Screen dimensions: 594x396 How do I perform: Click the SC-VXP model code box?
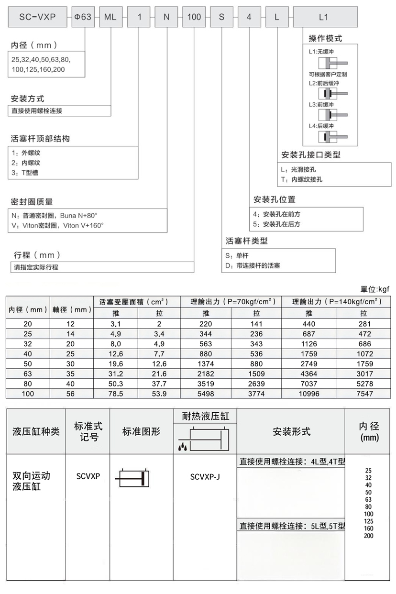[x=37, y=17]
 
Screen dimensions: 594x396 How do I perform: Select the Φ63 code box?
[x=82, y=17]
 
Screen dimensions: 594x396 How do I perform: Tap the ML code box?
[x=110, y=17]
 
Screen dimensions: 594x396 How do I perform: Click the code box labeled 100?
[x=194, y=17]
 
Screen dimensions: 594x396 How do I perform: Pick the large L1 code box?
[x=325, y=17]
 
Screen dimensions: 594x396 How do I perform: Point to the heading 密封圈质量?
[x=32, y=201]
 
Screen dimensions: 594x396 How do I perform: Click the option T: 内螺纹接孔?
[x=302, y=180]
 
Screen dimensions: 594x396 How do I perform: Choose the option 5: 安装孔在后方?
[x=277, y=224]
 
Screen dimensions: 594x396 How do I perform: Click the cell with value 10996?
[x=309, y=393]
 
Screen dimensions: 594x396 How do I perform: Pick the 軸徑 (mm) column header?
[x=72, y=309]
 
